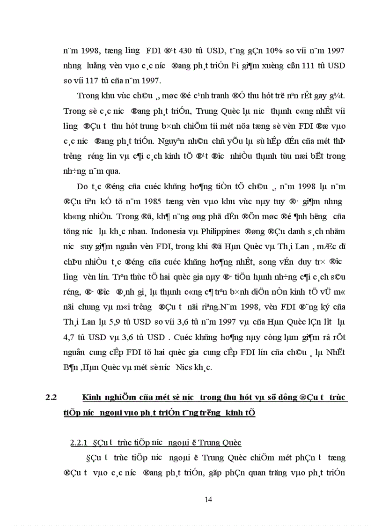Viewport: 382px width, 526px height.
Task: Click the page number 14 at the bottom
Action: pyautogui.click(x=209, y=499)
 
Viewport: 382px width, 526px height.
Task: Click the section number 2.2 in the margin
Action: pyautogui.click(x=51, y=398)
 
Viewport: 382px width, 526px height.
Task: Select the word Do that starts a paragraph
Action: pyautogui.click(x=83, y=187)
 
